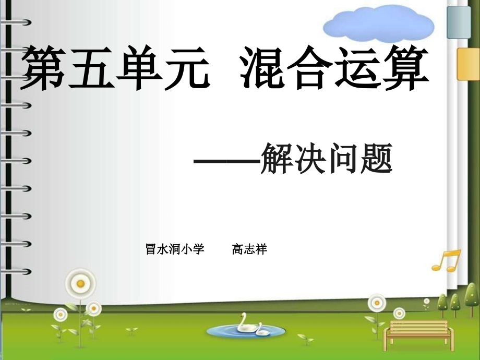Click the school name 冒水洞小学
click(x=174, y=250)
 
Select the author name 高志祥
click(x=249, y=250)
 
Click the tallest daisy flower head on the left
click(x=80, y=283)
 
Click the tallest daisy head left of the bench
click(x=376, y=302)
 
